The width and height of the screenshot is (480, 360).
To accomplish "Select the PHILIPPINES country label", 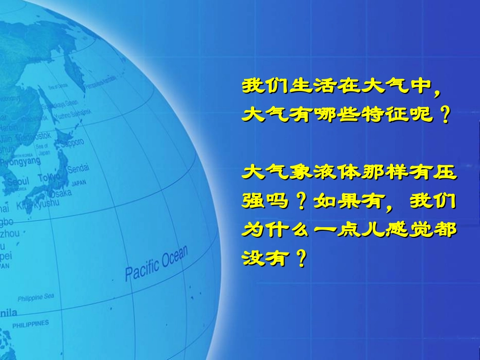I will (x=31, y=323).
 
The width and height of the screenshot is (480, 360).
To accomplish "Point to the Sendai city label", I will (x=78, y=167).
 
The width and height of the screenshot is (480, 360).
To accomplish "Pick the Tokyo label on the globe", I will (x=50, y=177).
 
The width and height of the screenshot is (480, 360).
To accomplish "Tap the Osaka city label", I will (x=61, y=193).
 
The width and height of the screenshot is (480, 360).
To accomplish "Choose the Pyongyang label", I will (x=20, y=162).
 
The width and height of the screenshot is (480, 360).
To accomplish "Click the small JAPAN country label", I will (x=78, y=184).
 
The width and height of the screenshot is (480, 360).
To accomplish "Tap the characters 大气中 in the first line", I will (x=396, y=86).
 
